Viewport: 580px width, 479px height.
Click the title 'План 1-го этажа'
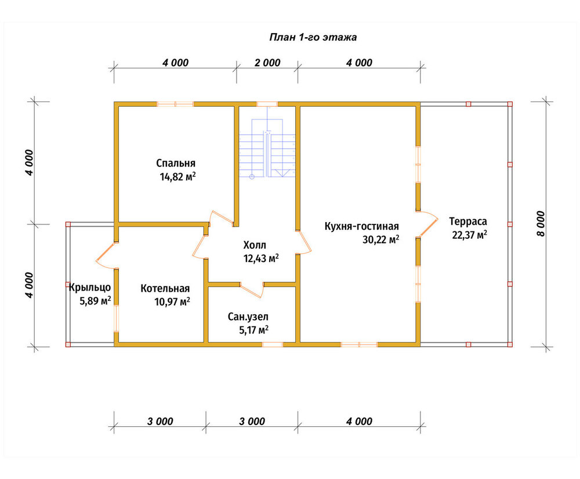pos(313,37)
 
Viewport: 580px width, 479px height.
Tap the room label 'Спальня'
pos(176,163)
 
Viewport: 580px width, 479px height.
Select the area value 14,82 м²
pos(177,177)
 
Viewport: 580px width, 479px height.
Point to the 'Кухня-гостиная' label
pos(362,226)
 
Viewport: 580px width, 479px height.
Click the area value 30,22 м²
pos(381,239)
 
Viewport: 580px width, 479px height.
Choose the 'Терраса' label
pos(468,222)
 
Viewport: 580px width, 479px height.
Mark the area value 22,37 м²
pos(469,235)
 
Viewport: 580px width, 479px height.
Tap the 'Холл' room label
pos(255,245)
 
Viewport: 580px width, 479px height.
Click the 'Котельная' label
pos(165,289)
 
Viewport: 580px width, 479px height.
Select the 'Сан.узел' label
pos(248,317)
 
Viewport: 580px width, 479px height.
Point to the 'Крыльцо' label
pos(90,287)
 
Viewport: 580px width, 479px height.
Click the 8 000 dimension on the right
pos(541,224)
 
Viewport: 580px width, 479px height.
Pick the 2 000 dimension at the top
pos(267,63)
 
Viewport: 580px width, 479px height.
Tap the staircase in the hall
pos(267,148)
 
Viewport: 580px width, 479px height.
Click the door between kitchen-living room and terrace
pos(427,224)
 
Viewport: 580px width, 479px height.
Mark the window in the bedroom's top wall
pos(175,104)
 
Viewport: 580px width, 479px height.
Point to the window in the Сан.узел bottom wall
pos(273,344)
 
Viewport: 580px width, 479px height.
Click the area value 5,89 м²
pos(96,301)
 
